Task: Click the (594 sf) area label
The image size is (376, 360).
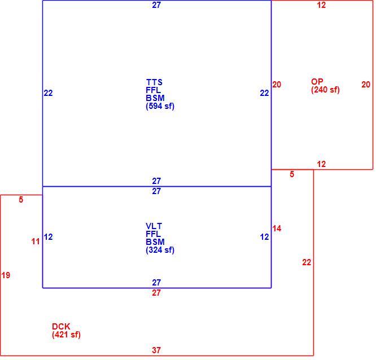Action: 160,106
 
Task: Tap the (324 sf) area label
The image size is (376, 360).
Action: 160,250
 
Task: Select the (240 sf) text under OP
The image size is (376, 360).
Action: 325,90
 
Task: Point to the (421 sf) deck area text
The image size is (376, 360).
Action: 66,335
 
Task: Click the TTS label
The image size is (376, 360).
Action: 154,82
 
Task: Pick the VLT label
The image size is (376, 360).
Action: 154,226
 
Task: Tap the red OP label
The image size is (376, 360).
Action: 317,81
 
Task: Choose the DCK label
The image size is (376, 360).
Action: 61,327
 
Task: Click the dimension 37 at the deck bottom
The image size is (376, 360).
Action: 156,350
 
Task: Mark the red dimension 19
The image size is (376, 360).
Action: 6,275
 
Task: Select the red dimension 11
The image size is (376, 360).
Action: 36,242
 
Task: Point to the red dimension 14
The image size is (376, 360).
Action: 277,229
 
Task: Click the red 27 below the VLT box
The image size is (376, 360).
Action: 156,293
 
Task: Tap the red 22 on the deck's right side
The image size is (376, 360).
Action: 307,262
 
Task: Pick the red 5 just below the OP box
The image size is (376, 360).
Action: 292,174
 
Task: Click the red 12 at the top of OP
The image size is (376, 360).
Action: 321,5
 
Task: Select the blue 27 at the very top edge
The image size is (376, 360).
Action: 156,5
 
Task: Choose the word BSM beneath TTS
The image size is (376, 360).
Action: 155,98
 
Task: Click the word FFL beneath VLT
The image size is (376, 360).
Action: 153,234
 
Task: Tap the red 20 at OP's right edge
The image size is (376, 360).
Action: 366,85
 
